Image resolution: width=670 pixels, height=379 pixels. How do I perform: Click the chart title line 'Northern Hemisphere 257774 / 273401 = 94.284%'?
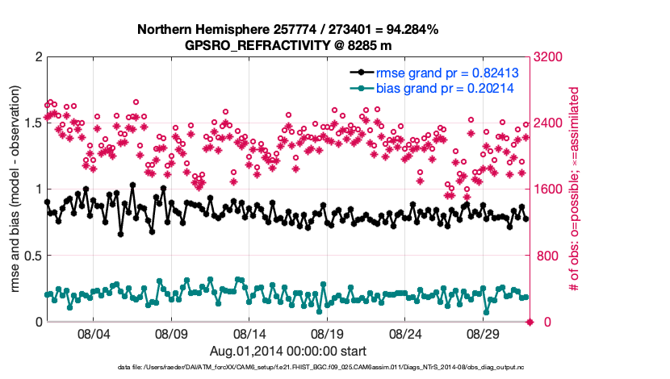coord(287,30)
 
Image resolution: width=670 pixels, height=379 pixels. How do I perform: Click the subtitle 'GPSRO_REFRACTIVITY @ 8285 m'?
coord(287,45)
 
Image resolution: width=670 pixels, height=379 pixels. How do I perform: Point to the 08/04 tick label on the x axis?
coord(93,333)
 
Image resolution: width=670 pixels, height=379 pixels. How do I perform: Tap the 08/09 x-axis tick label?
coord(171,333)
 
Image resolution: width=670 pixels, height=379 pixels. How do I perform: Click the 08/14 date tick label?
coord(249,333)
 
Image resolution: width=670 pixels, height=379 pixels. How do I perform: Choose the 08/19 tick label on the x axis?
coord(328,333)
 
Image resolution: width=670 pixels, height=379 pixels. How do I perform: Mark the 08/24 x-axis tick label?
coord(406,333)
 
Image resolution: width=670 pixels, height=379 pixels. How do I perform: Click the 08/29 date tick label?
coord(484,333)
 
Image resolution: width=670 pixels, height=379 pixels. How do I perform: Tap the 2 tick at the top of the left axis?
coord(36,57)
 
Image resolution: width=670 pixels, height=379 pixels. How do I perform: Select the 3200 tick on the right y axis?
coord(552,57)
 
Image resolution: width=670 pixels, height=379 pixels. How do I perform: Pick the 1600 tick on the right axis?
coord(552,189)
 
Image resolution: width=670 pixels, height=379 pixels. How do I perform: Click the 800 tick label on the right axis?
coord(549,256)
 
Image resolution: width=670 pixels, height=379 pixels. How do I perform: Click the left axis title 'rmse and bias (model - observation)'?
coord(14,189)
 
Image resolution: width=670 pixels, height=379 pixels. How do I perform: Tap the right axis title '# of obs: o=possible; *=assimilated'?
coord(576,189)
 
